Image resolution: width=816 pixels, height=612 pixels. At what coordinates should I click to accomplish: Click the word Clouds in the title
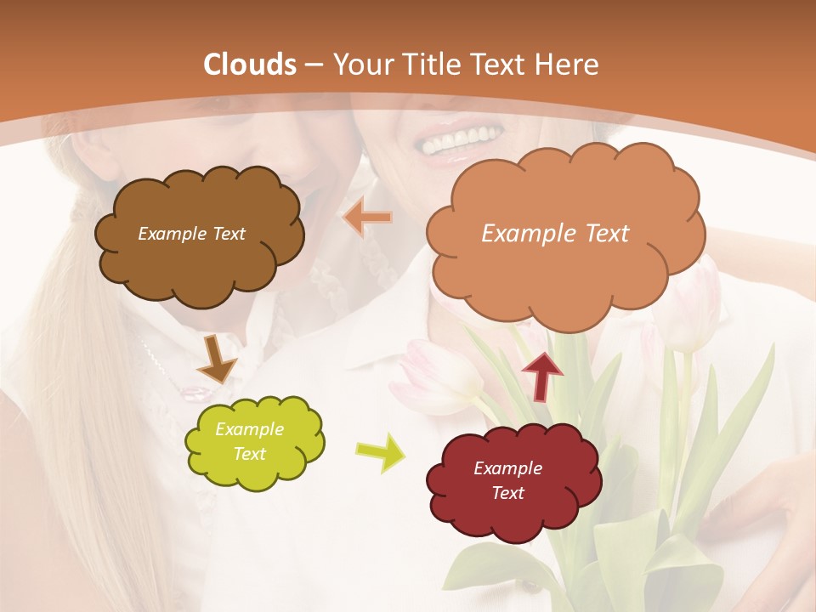point(250,65)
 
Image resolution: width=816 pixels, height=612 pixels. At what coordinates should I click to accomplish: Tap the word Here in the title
point(569,65)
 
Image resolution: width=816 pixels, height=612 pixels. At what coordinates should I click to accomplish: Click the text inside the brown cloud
point(191,234)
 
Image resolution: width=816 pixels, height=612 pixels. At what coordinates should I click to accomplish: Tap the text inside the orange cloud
point(555,234)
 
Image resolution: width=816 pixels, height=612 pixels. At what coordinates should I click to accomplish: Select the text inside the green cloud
point(249,442)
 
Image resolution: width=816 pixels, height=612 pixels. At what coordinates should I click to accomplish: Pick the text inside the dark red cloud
point(507,480)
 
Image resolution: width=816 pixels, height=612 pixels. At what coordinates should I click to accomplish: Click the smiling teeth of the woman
point(464,139)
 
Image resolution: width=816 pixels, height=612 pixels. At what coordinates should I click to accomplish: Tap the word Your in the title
point(360,65)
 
